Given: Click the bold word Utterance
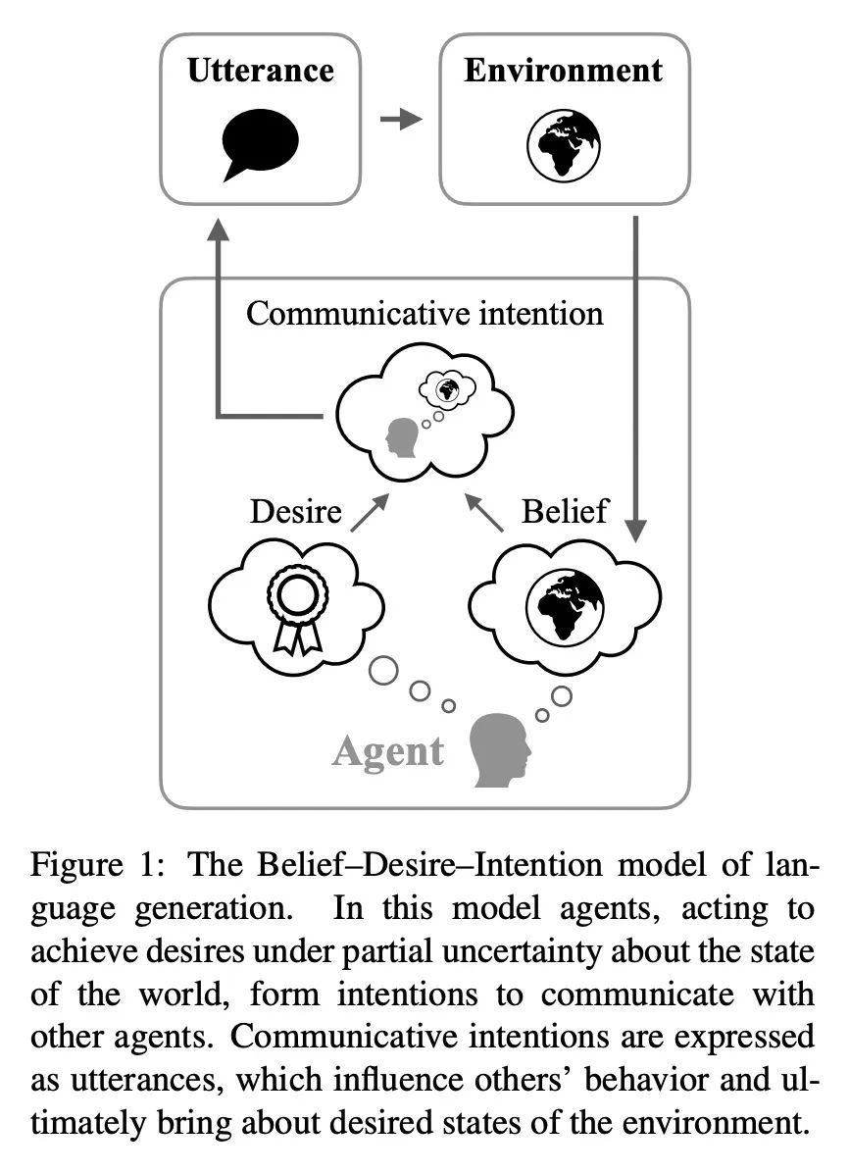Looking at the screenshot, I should (x=260, y=71).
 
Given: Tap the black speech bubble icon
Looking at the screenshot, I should (x=259, y=143).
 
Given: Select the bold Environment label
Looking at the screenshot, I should (x=563, y=71).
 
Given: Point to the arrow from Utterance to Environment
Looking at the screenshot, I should (x=400, y=120).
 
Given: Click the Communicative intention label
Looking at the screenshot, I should (x=424, y=313).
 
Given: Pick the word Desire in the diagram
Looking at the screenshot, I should (x=296, y=511).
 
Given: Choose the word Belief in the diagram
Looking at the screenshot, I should (x=565, y=511).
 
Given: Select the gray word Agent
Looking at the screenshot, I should (x=388, y=752).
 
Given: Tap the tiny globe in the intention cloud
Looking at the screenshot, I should (x=447, y=390).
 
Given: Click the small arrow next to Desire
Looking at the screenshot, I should (x=369, y=512).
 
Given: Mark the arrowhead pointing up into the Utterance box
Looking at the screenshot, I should (x=217, y=229).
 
